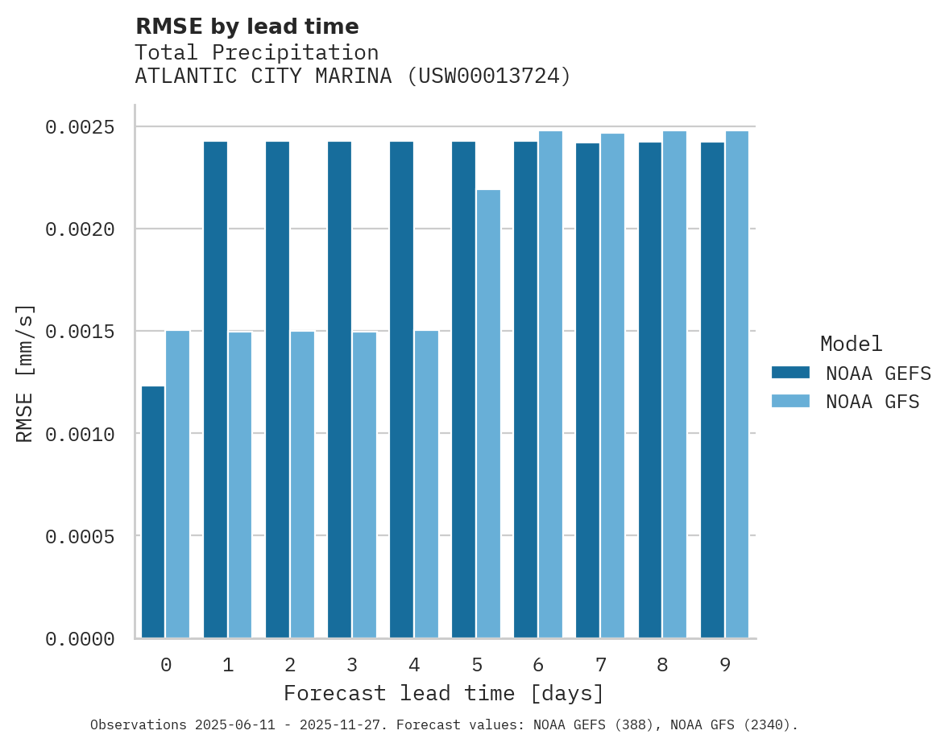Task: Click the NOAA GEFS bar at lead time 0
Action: point(153,512)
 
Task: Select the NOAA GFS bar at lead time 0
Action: point(177,484)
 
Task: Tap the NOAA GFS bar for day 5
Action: point(488,414)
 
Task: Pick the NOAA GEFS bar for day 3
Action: point(339,390)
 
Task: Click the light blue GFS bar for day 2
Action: point(302,484)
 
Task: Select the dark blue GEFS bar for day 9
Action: point(712,390)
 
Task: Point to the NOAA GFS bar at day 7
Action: point(612,386)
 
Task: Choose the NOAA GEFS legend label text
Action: point(878,373)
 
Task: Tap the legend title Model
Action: point(851,344)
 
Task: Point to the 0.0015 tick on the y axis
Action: point(80,332)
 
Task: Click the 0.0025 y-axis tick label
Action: point(80,127)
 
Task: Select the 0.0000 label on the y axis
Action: point(80,639)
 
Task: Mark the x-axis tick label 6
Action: point(538,665)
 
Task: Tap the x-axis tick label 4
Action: point(414,665)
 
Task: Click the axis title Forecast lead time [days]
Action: point(444,693)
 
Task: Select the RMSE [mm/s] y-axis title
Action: point(25,373)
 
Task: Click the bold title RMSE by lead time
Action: point(247,27)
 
